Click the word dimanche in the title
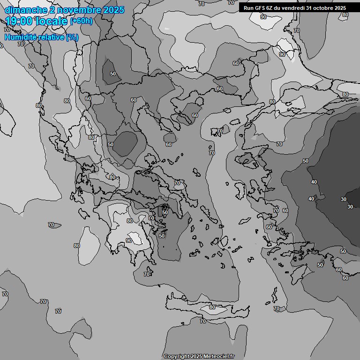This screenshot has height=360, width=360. point(26,10)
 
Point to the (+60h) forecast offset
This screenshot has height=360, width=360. point(81,21)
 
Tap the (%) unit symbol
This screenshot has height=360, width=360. point(72,37)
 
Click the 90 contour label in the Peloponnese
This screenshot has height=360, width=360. point(128,240)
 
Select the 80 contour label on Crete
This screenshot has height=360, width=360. point(212,307)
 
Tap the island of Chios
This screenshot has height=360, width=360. point(240,190)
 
